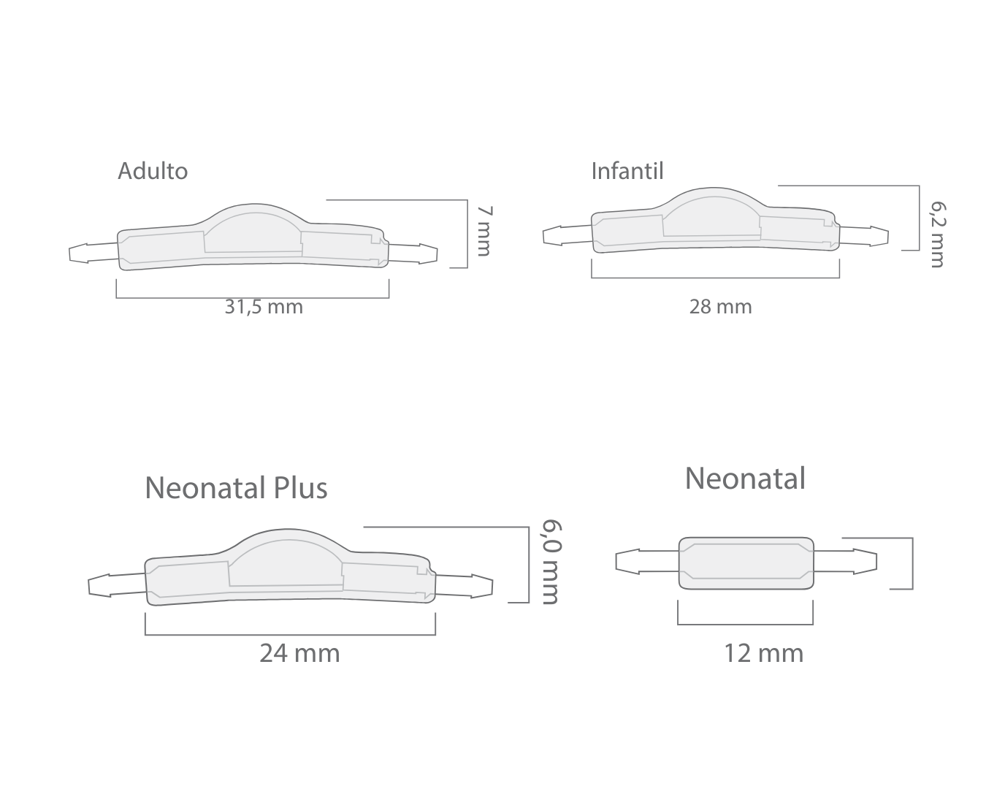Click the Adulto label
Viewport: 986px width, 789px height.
(153, 171)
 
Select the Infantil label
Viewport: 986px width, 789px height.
(627, 171)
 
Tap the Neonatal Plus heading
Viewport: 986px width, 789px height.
(236, 487)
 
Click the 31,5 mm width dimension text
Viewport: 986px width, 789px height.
(264, 307)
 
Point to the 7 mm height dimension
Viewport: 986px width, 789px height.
(484, 231)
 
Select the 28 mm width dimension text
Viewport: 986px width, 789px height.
(720, 307)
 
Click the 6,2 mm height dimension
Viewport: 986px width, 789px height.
(938, 235)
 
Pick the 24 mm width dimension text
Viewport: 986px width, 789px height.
(299, 653)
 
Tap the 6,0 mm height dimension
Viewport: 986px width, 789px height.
(551, 562)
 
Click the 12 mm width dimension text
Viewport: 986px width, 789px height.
(763, 653)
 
